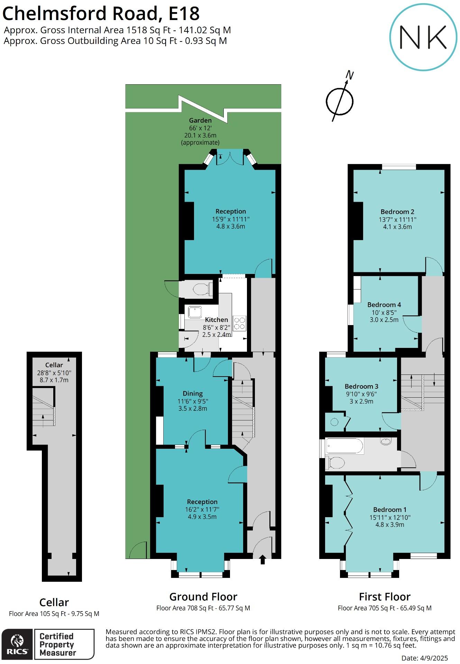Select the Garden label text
coord(200,121)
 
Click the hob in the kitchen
coord(239,323)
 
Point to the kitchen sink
coord(195,312)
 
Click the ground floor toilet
coord(202,289)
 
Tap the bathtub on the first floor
coord(344,446)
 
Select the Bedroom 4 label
coord(384,305)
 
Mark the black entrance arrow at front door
coord(262,559)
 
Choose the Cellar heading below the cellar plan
coord(54,603)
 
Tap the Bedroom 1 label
coord(390,510)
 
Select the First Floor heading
coord(384,597)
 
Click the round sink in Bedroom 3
coord(334,422)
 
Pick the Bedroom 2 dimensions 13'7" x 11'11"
coord(397,219)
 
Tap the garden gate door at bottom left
coord(140,550)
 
